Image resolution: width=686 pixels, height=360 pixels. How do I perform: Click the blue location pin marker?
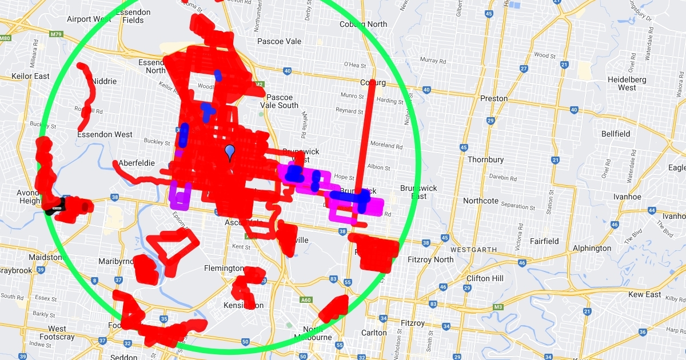tap(230, 153)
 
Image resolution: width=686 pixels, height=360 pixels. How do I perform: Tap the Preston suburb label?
tap(493, 98)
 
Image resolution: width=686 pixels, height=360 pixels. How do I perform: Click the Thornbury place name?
tap(485, 159)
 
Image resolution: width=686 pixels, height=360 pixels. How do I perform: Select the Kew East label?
tap(644, 294)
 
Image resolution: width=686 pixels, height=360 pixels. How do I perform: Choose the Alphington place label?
tap(592, 248)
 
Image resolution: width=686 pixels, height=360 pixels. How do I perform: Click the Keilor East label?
tap(30, 76)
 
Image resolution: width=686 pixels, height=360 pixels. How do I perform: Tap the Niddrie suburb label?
tap(104, 81)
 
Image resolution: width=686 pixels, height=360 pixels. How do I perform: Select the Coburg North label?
tap(363, 24)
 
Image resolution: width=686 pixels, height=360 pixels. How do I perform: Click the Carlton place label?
tap(374, 333)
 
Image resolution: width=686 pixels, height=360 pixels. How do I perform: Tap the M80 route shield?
tap(5, 38)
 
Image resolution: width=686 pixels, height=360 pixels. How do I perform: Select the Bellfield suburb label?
tap(615, 134)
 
